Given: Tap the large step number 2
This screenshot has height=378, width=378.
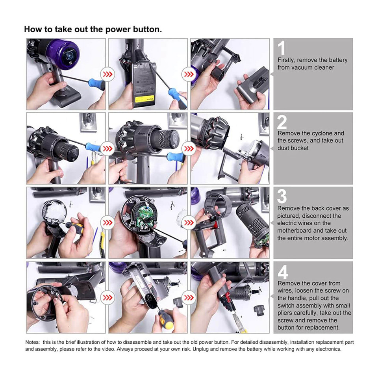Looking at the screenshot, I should coord(282,122).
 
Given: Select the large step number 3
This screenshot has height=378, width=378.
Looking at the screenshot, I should coord(282,196).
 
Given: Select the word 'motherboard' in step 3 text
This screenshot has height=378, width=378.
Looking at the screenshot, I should coord(295,231).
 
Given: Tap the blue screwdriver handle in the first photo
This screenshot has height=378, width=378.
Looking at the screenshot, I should coord(96,83).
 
